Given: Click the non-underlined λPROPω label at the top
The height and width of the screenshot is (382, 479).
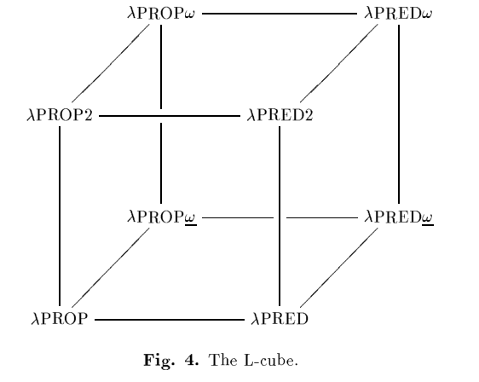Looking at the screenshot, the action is [x=161, y=14].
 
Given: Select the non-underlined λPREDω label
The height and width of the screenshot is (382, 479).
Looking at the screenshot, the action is [x=398, y=14].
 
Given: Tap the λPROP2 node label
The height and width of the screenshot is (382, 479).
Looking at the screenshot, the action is [x=60, y=115].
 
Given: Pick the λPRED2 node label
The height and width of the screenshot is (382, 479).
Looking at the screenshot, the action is [x=280, y=115].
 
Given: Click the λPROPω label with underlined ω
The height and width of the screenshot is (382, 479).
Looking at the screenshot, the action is [x=162, y=217].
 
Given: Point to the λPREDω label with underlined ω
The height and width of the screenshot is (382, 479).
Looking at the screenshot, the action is [x=399, y=217].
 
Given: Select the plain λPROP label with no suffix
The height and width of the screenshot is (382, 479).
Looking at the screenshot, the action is [x=60, y=319].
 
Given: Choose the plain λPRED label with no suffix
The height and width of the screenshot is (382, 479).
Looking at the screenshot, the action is [x=280, y=319].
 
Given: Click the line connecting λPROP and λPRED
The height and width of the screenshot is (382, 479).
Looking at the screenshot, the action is [x=170, y=320].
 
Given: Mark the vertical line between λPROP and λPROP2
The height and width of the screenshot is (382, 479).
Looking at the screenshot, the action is [x=60, y=216].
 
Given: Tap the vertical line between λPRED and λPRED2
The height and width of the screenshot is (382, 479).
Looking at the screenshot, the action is [x=280, y=216].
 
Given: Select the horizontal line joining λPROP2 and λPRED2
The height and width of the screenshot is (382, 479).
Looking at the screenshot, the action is [x=170, y=116].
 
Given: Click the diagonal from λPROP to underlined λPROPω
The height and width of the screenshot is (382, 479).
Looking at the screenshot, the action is [x=111, y=268].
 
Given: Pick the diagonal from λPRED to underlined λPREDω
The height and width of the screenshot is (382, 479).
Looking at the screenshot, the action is [x=338, y=268].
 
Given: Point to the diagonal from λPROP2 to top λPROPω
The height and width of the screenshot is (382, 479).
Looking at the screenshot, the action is [x=111, y=64].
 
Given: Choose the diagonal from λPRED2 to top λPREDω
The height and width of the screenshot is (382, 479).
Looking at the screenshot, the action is [x=338, y=64].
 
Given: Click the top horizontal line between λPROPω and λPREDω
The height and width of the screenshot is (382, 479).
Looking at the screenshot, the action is [x=280, y=14].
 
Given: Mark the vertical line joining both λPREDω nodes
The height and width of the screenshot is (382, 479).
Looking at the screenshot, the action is [x=399, y=114].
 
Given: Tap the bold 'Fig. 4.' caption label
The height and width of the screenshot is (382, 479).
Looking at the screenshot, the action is [x=171, y=361].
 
